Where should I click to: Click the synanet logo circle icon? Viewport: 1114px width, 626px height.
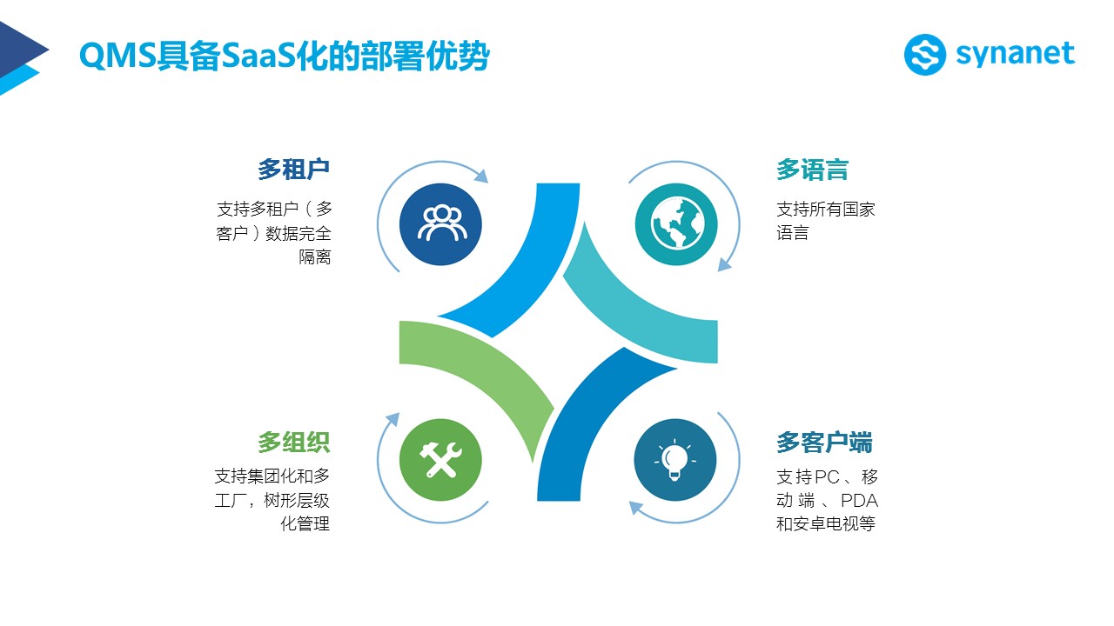(924, 55)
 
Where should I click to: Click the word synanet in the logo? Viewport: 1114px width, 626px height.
(1015, 55)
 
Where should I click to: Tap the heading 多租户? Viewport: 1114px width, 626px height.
(294, 170)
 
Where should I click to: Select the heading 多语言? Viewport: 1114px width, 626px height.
(812, 170)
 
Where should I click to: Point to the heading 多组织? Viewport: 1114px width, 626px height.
(294, 442)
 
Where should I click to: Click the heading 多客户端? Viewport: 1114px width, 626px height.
(824, 443)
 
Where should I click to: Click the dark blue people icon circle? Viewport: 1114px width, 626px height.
(440, 224)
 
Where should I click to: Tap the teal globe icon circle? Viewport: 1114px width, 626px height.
(676, 224)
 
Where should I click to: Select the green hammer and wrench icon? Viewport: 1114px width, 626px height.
(440, 460)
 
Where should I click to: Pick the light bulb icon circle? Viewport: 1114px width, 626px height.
(675, 460)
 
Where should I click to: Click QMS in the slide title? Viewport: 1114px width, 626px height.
(117, 55)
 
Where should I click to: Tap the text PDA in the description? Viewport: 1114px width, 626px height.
(859, 500)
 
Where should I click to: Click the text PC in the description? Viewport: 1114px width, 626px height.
(826, 477)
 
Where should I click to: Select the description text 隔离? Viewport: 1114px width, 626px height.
(315, 256)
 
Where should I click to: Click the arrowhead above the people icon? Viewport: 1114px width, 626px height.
(481, 176)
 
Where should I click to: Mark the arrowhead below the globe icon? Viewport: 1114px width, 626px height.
(725, 264)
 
